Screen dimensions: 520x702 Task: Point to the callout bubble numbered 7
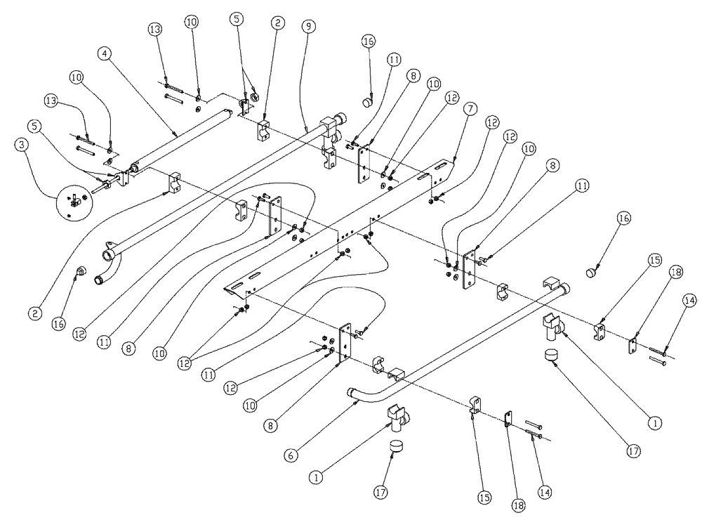(x=470, y=110)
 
